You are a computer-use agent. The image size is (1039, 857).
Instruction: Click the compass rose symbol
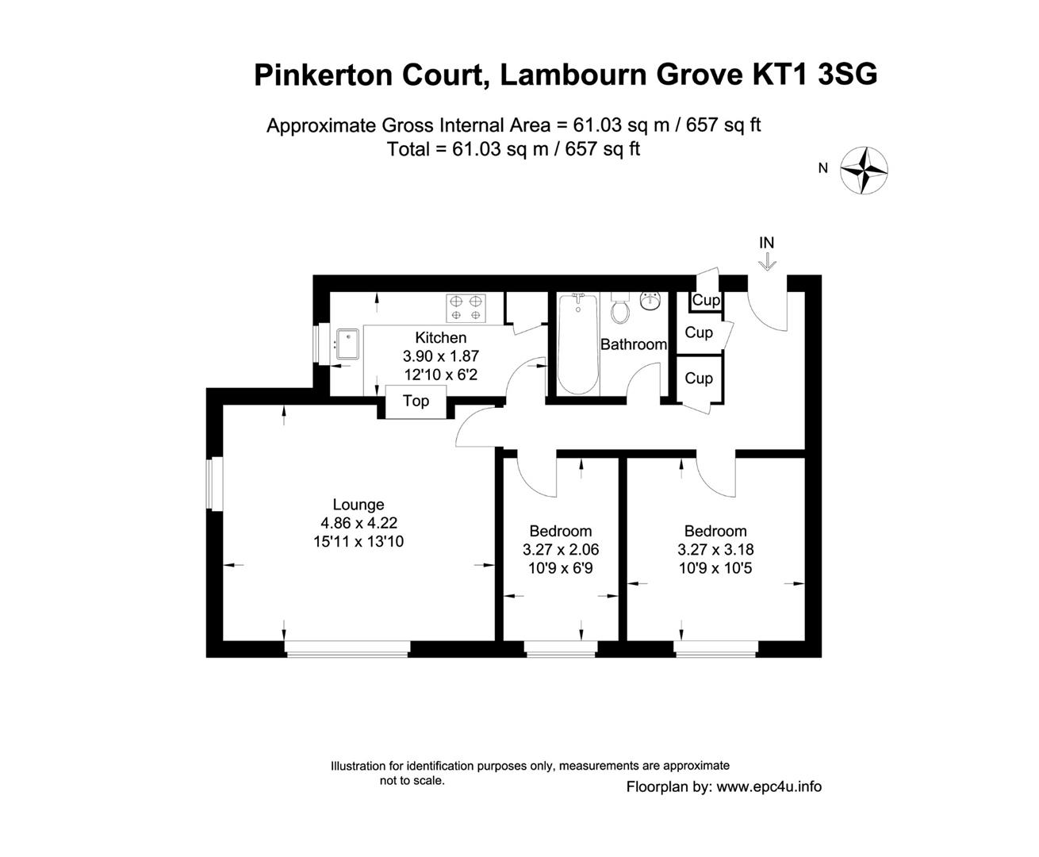863,170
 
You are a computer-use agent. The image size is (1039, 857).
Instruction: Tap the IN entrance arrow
767,262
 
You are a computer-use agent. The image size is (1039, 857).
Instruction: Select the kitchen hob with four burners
466,308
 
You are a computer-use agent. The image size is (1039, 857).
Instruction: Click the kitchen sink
347,344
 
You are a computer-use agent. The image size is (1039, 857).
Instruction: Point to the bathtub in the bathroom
577,344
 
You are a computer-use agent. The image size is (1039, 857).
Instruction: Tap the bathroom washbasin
650,301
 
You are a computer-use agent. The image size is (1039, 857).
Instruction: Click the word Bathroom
633,344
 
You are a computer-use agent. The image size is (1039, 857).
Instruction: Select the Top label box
416,401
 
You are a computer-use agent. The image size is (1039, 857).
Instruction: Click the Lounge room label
358,505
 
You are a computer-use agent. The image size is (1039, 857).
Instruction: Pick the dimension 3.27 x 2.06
561,549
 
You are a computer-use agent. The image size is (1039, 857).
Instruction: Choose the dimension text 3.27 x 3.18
715,549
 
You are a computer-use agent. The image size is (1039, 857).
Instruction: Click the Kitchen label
441,338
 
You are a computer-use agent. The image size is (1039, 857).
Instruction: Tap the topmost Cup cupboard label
706,301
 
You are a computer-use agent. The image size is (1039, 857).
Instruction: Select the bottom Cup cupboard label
699,379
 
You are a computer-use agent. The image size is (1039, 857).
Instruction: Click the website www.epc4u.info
769,787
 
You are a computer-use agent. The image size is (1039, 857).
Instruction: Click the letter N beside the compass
823,168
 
